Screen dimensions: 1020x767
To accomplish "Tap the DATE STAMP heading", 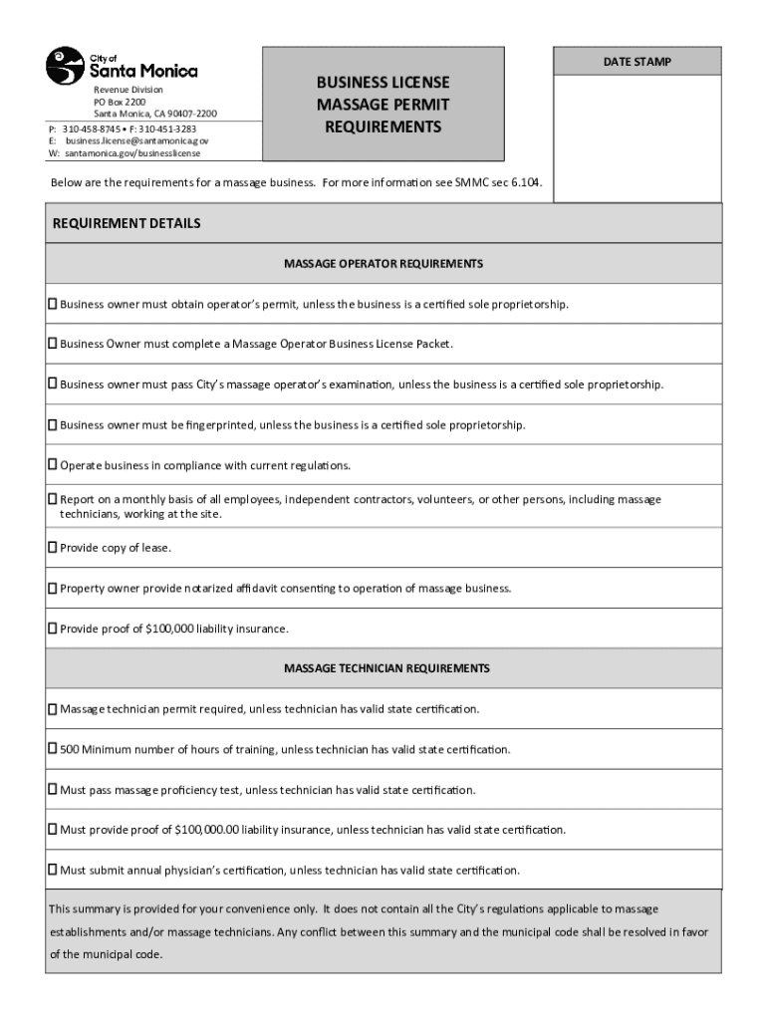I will pyautogui.click(x=637, y=62).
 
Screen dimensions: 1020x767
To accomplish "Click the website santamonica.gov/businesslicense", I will pyautogui.click(x=132, y=153).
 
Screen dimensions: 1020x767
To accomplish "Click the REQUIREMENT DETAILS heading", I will pyautogui.click(x=127, y=223).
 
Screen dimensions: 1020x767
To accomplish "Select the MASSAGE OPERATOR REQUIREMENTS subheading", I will pyautogui.click(x=383, y=264).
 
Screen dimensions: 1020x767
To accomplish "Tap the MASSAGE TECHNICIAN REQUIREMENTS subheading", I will pyautogui.click(x=386, y=668).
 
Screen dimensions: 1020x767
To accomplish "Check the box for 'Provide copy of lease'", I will pyautogui.click(x=53, y=547).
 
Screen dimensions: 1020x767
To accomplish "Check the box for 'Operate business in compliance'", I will pyautogui.click(x=53, y=465).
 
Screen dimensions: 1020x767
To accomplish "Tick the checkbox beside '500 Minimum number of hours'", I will pyautogui.click(x=53, y=749).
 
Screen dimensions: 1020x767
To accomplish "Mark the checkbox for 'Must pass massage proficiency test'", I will pyautogui.click(x=53, y=789).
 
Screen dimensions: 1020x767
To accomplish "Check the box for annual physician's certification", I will pyautogui.click(x=53, y=870).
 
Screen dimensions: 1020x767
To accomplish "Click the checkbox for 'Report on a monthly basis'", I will pyautogui.click(x=53, y=499).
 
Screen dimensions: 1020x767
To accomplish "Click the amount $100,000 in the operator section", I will pyautogui.click(x=169, y=629).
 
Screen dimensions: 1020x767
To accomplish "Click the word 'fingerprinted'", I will pyautogui.click(x=219, y=425).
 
